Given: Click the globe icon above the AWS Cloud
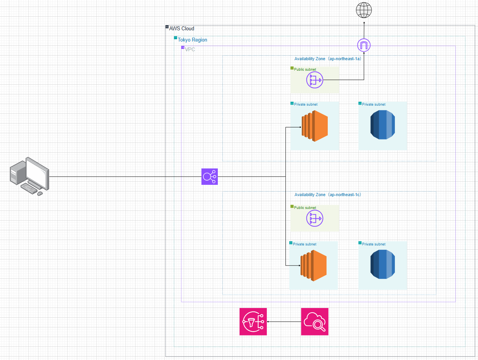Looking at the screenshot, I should [364, 10].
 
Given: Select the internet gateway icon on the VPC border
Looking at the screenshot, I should [364, 46].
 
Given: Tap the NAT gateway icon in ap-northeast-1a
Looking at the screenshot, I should [315, 80].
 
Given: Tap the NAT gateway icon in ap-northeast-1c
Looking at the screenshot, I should [315, 219].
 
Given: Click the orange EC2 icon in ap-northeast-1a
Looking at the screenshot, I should [315, 126].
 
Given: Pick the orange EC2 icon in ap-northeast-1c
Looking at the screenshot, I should [314, 266].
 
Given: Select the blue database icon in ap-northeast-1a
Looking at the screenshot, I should [382, 125].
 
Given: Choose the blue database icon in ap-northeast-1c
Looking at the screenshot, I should [382, 264].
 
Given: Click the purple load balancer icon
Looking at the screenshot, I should [210, 177].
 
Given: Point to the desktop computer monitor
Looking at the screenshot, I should [37, 171].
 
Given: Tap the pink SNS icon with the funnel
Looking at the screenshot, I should [253, 322].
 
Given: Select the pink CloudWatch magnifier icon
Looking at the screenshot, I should [315, 322].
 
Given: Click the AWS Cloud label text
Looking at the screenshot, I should [181, 28].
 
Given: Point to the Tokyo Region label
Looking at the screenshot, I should [192, 40].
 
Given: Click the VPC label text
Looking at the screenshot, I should [190, 49].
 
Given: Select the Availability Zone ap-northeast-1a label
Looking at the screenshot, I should [328, 59].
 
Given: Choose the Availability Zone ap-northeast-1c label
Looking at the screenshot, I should [328, 195].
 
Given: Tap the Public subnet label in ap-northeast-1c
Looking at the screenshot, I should [305, 208].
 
